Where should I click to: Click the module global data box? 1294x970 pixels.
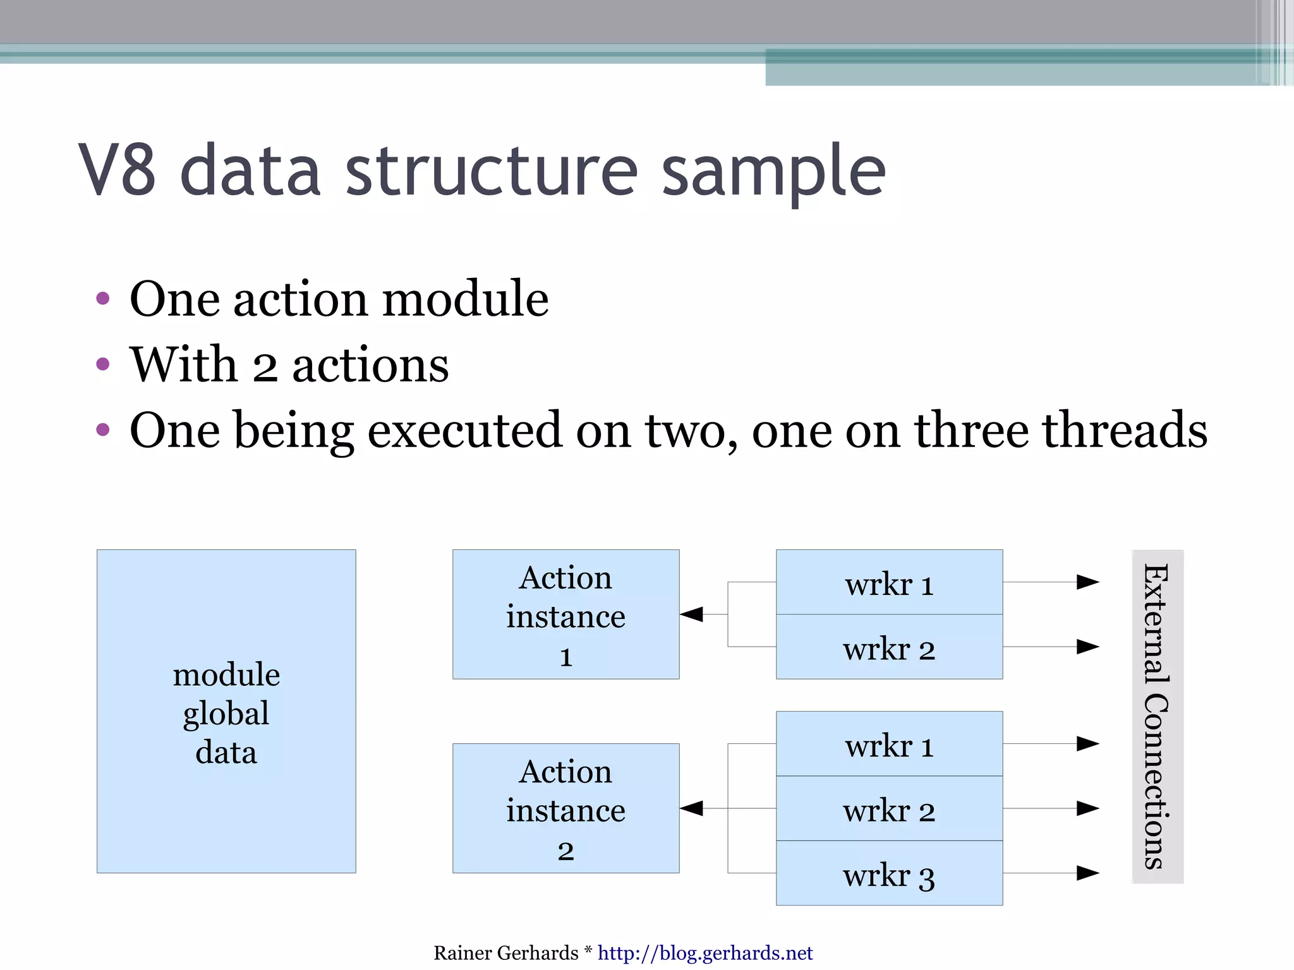(x=226, y=712)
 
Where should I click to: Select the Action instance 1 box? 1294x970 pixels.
(x=565, y=614)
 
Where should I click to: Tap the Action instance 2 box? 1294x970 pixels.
(x=565, y=808)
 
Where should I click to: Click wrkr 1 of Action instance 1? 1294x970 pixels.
(x=889, y=582)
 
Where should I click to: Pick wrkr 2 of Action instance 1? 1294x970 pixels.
(x=889, y=647)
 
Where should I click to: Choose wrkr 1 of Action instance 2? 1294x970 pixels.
(x=889, y=744)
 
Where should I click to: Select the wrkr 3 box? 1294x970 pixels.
(x=889, y=873)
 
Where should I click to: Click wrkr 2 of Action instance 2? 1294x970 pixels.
(x=889, y=808)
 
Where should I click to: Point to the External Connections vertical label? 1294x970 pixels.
(x=1157, y=716)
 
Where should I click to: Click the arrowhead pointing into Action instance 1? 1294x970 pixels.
(x=692, y=614)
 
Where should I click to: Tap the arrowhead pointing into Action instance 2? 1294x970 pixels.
(x=692, y=808)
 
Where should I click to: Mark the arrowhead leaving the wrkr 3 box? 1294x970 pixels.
(x=1087, y=873)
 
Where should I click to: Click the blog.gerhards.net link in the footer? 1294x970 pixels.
(x=704, y=952)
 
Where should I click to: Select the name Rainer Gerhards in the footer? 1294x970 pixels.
(x=505, y=952)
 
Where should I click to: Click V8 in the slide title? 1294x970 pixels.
(x=118, y=171)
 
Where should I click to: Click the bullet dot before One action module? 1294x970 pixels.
(x=103, y=299)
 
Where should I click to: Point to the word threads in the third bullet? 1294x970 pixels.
(x=1124, y=430)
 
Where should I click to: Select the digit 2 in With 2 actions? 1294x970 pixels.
(x=265, y=367)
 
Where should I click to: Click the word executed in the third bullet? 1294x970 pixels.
(x=464, y=430)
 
